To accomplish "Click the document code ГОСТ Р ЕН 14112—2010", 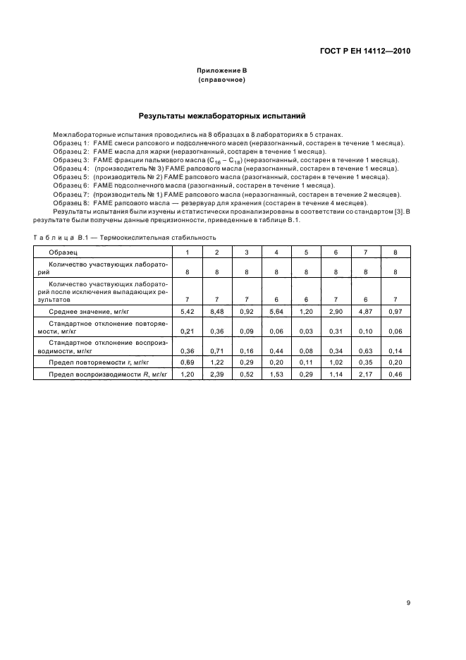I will [364, 51].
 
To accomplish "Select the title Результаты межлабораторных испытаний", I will [221, 114].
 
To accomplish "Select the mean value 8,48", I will [216, 311].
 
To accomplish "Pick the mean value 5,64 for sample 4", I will [276, 311].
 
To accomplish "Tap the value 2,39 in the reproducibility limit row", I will [216, 374].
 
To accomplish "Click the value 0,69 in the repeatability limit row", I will [187, 362].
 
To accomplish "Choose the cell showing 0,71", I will [216, 350].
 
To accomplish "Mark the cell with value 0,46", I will [396, 374].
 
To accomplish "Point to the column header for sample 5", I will [306, 252].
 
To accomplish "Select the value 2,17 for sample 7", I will [366, 374].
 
